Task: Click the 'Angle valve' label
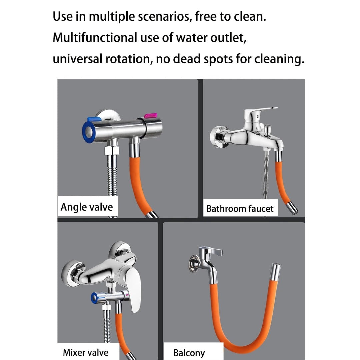pos(87,207)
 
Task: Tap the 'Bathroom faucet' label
pos(240,209)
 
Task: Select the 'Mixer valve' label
pos(86,352)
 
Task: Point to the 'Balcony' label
pos(189,353)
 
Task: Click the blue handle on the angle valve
pos(93,119)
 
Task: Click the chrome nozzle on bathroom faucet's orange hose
pos(292,208)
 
